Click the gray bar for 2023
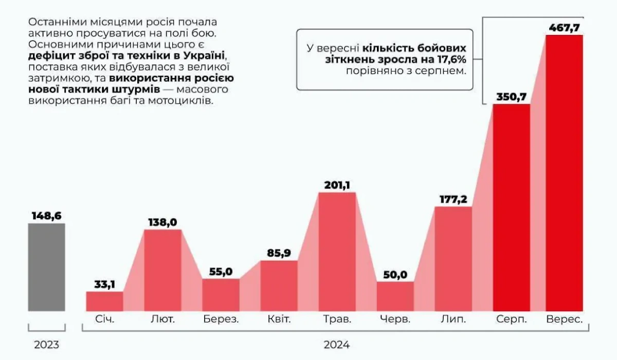coord(46,267)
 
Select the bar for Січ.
coord(104,301)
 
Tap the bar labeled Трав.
coord(337,251)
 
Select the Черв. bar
coord(395,296)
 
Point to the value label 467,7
coord(564,27)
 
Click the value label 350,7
coord(512,96)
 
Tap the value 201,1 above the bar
coord(337,185)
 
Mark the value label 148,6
coord(46,215)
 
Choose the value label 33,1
coord(104,284)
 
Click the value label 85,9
coord(279,253)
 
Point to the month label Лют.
coord(162,319)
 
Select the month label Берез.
coord(221,319)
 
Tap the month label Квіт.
coord(279,319)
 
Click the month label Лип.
coord(453,319)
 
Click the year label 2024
coord(337,345)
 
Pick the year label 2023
coord(46,345)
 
